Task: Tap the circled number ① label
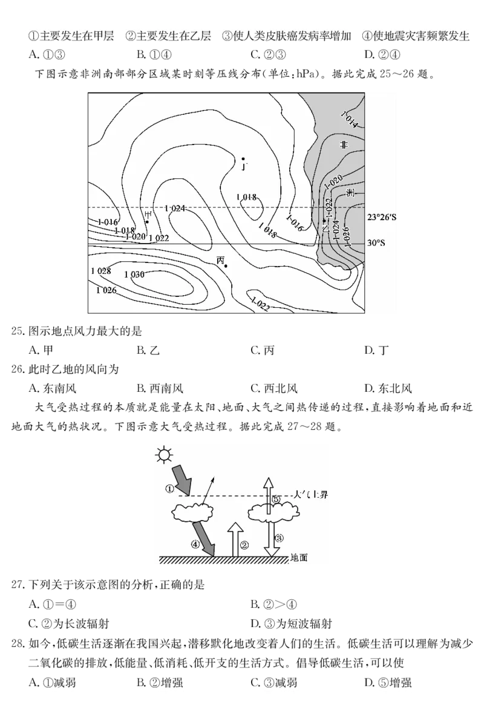170,487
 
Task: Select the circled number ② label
244,544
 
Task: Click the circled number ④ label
195,544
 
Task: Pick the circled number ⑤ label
276,499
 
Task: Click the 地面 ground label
299,558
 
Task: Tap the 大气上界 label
310,495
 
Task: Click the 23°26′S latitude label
382,216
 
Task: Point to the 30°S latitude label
376,243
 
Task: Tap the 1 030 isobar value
134,275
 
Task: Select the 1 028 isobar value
101,271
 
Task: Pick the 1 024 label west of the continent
175,208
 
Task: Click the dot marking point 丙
226,265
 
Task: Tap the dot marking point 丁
243,159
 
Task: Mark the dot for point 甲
147,222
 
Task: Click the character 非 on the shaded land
344,145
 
